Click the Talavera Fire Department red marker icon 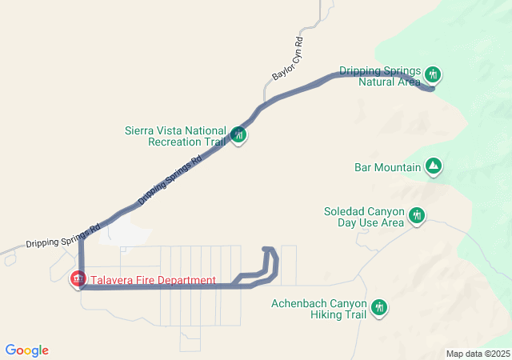78,279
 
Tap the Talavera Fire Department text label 153,280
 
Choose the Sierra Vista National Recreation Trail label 176,136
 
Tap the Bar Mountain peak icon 433,166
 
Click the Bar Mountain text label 387,167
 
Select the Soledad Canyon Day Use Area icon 416,215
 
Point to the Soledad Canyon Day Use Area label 363,217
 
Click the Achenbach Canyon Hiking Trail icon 378,308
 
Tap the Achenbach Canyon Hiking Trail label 318,309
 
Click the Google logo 26,350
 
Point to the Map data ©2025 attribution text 477,354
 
